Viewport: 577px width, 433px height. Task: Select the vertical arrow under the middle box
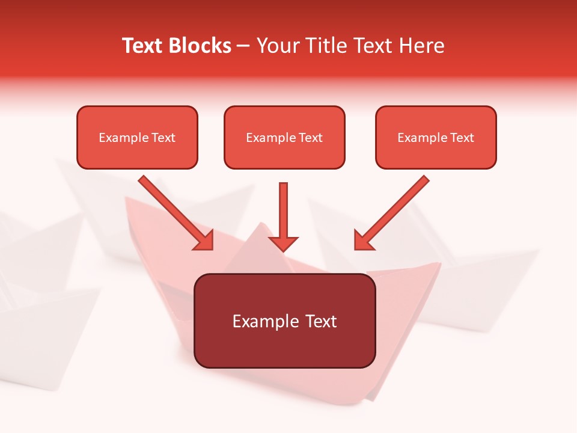coord(283,210)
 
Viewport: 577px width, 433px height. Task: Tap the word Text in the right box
coord(462,138)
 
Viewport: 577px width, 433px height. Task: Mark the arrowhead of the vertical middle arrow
coord(283,244)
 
